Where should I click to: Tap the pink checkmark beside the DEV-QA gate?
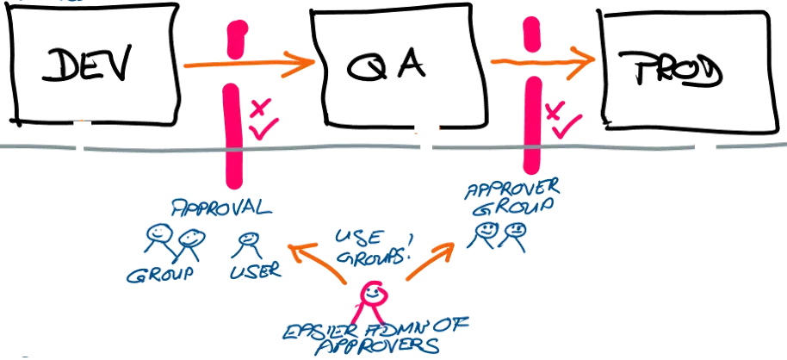tap(262, 129)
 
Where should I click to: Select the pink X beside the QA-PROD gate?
tap(555, 109)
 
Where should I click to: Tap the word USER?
tap(254, 270)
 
